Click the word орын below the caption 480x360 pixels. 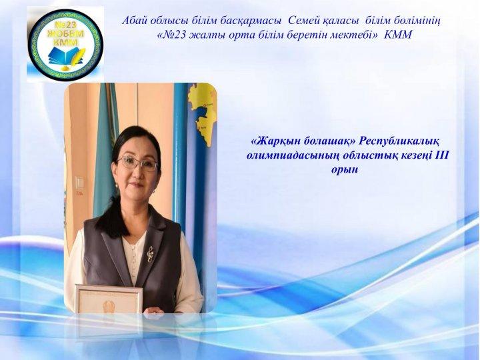click(x=345, y=169)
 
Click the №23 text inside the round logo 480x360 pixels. click(x=65, y=25)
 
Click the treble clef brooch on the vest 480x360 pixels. click(x=150, y=254)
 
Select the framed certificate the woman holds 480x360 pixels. click(x=109, y=299)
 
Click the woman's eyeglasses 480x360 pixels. click(x=137, y=164)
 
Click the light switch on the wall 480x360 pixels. click(x=79, y=183)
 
